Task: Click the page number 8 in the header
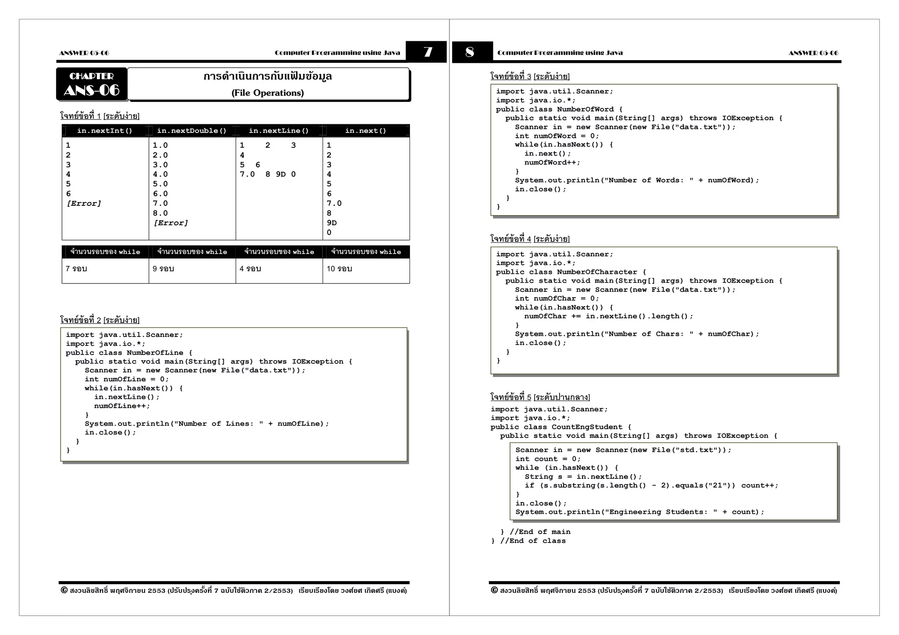(x=470, y=52)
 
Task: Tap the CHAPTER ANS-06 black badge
(x=92, y=84)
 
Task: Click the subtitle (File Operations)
(x=268, y=93)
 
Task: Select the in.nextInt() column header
(x=104, y=131)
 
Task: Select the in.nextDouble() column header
(x=192, y=131)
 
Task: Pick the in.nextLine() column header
(x=279, y=131)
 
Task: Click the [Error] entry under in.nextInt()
(x=84, y=204)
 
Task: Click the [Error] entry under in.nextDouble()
(x=171, y=223)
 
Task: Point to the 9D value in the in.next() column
(x=332, y=223)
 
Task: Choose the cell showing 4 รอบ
(x=250, y=269)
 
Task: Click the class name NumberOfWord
(x=585, y=109)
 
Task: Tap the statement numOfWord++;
(x=552, y=162)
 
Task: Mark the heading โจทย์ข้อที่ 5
(x=511, y=397)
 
